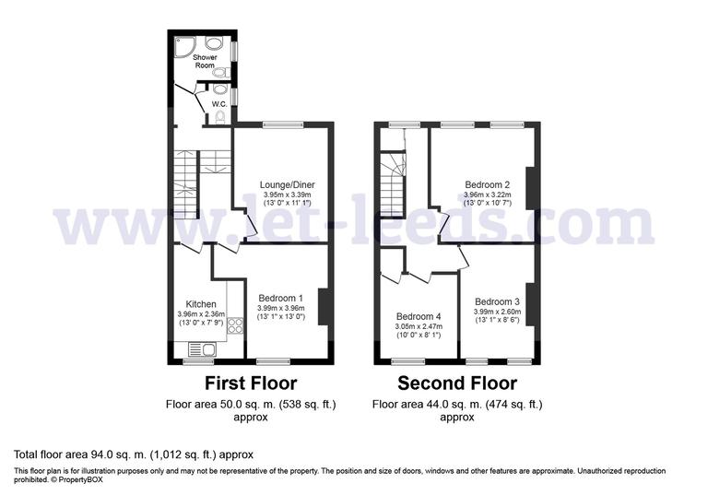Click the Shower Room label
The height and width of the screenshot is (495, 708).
click(204, 61)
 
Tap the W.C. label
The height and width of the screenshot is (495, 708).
click(219, 103)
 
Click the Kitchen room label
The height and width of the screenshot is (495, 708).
click(201, 304)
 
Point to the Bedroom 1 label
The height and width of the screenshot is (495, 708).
click(280, 298)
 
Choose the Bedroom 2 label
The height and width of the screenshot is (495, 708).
click(487, 184)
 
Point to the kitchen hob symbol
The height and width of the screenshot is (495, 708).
click(234, 324)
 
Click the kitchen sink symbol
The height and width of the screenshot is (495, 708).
click(200, 348)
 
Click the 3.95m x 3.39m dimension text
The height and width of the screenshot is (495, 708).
click(287, 195)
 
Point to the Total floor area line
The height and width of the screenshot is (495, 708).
click(133, 454)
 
